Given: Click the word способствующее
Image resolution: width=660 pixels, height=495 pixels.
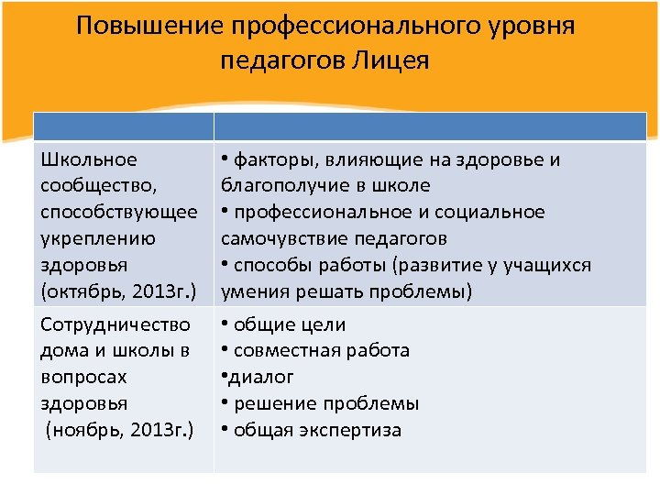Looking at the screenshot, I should (119, 213).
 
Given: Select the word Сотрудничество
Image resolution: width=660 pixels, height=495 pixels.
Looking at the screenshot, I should (115, 324).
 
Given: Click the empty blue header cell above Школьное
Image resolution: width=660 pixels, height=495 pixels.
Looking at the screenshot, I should (123, 126).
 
